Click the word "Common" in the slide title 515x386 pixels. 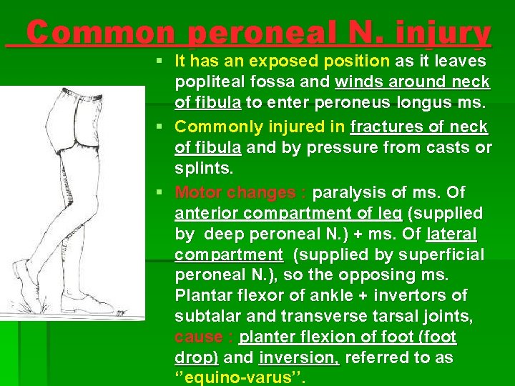[x=100, y=33]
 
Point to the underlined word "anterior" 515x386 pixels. [x=208, y=214]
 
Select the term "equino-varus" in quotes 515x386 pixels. [x=240, y=377]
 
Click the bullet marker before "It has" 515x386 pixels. [x=165, y=61]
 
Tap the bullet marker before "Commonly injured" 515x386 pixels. [x=165, y=127]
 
